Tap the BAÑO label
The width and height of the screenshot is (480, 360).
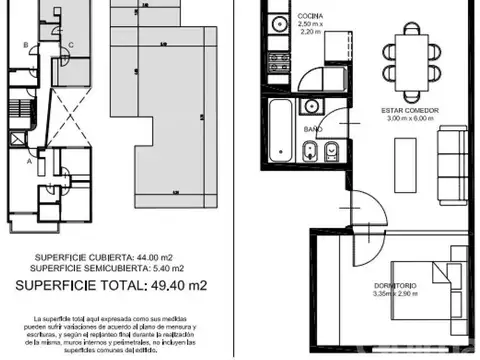pyautogui.click(x=312, y=130)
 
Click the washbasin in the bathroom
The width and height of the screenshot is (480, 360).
pyautogui.click(x=311, y=104)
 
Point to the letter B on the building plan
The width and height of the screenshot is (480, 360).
pyautogui.click(x=24, y=45)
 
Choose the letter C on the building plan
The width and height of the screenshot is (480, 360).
pyautogui.click(x=71, y=45)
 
